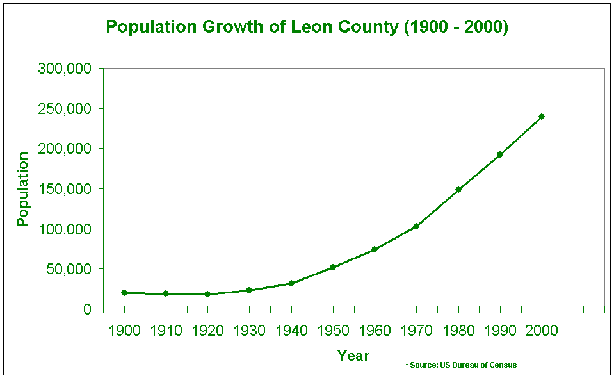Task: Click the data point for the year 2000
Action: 542,117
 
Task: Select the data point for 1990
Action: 500,154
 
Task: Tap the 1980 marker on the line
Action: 458,190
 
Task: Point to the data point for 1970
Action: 416,226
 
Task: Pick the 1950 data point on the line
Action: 333,267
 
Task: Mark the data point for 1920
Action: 207,294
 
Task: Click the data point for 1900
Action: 124,293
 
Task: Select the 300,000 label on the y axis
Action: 65,69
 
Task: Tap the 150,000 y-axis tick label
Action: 65,189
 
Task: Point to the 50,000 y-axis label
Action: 69,269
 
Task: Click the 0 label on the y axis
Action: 88,309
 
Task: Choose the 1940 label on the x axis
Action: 291,331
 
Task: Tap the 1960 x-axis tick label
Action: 375,331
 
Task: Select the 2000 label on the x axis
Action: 542,331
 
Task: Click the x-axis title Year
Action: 353,356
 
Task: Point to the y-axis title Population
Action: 23,189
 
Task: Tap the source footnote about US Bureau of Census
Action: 461,365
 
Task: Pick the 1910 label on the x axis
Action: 166,331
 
